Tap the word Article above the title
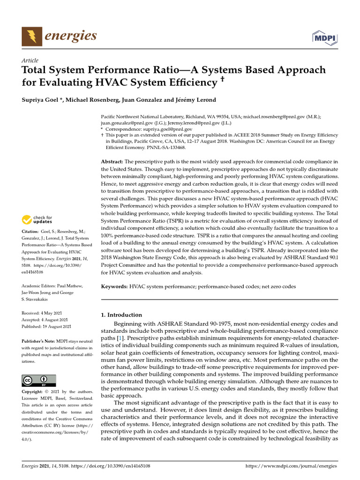click(30, 60)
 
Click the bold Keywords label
click(115, 286)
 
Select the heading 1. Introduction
click(121, 315)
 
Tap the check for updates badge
click(37, 219)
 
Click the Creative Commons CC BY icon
click(39, 380)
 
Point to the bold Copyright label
click(34, 391)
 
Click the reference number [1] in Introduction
click(120, 338)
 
